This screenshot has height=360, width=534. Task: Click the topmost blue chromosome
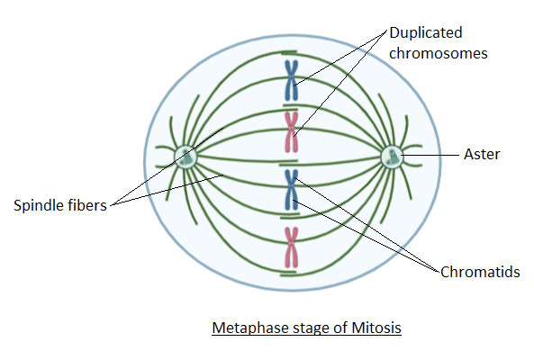[x=291, y=80]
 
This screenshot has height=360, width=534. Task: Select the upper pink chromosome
[x=291, y=132]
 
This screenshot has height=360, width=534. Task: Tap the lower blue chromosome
[x=291, y=190]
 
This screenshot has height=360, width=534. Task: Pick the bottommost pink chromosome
[x=291, y=247]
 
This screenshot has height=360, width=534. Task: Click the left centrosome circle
[x=186, y=157]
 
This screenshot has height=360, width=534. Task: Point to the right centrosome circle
[x=392, y=157]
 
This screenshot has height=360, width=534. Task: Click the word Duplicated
[x=426, y=33]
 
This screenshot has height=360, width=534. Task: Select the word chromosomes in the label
[x=439, y=53]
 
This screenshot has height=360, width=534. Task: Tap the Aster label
[x=482, y=155]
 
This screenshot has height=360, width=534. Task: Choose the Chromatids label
[x=480, y=272]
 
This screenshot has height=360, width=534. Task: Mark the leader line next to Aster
[x=430, y=155]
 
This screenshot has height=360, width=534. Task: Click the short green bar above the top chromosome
[x=289, y=53]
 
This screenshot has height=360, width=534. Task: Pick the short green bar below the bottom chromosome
[x=288, y=274]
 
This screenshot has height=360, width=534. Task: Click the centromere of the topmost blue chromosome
[x=291, y=81]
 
